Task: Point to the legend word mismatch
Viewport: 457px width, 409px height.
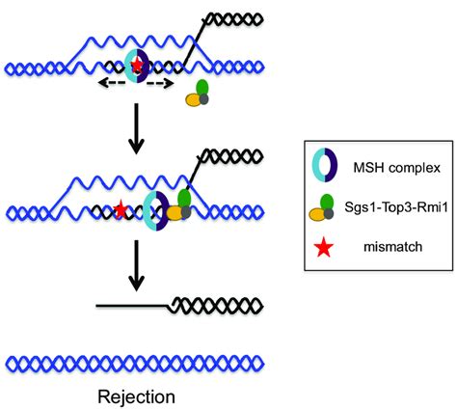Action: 375,249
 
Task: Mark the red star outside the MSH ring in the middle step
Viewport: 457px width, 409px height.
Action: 121,208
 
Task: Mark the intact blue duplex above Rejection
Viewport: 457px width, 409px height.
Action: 135,363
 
